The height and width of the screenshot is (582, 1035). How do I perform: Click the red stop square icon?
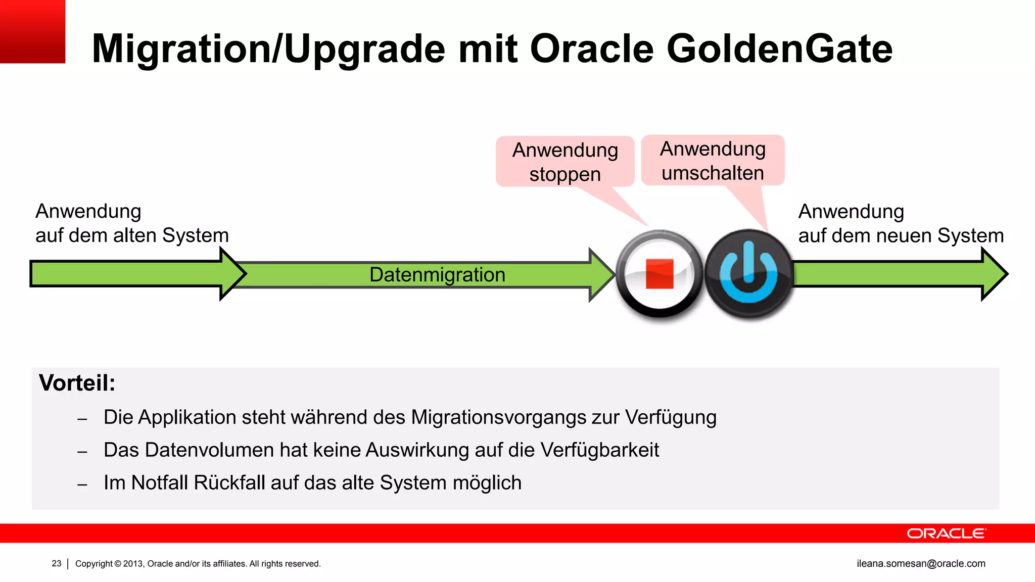point(660,274)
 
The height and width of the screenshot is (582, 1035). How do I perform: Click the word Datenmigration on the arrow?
point(437,275)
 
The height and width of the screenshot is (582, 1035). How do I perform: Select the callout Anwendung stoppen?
point(565,162)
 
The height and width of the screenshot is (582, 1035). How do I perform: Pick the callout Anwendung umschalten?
point(713,161)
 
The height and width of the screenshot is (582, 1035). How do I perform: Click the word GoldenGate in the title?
point(779,49)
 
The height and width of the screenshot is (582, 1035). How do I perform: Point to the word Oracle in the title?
point(592,49)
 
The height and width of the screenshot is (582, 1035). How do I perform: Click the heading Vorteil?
point(77,383)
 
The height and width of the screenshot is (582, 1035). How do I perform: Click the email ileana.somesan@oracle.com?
point(921,563)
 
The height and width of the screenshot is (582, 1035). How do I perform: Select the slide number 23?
point(57,563)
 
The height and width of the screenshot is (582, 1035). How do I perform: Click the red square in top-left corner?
point(32,31)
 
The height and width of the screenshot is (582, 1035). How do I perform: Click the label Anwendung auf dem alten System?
point(132,223)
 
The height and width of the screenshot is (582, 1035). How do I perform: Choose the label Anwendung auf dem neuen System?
point(901,223)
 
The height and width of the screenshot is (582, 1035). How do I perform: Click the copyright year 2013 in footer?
point(133,564)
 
